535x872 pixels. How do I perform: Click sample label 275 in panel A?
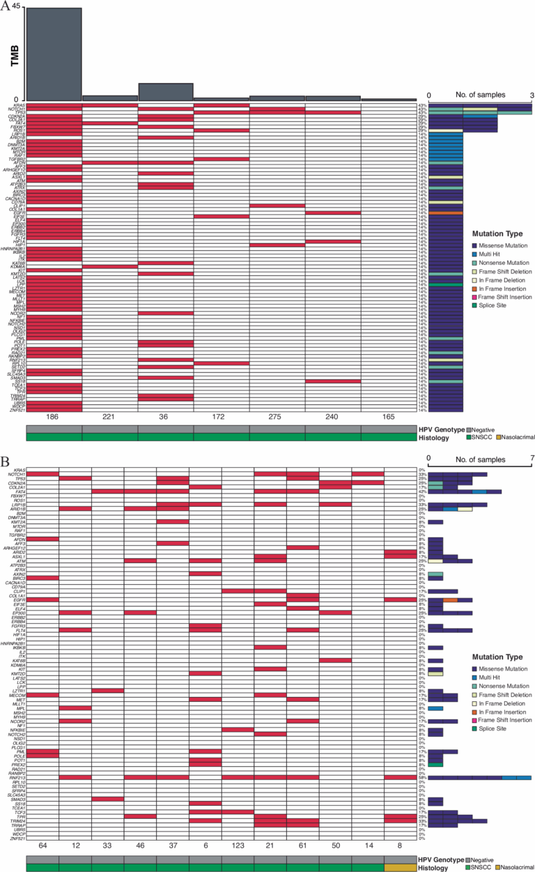coord(277,417)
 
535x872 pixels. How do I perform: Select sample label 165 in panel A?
coord(389,417)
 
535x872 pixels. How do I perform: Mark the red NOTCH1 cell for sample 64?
coord(42,474)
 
